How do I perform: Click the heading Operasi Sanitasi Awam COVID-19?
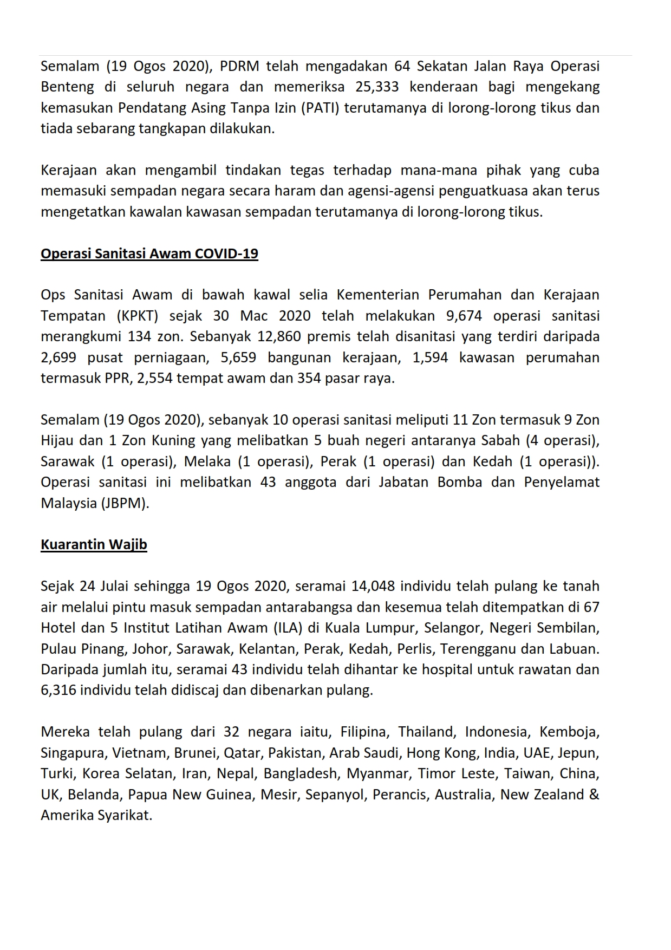coord(149,253)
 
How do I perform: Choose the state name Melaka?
coord(205,461)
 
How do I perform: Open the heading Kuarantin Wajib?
coord(94,544)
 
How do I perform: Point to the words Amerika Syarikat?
coord(96,815)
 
